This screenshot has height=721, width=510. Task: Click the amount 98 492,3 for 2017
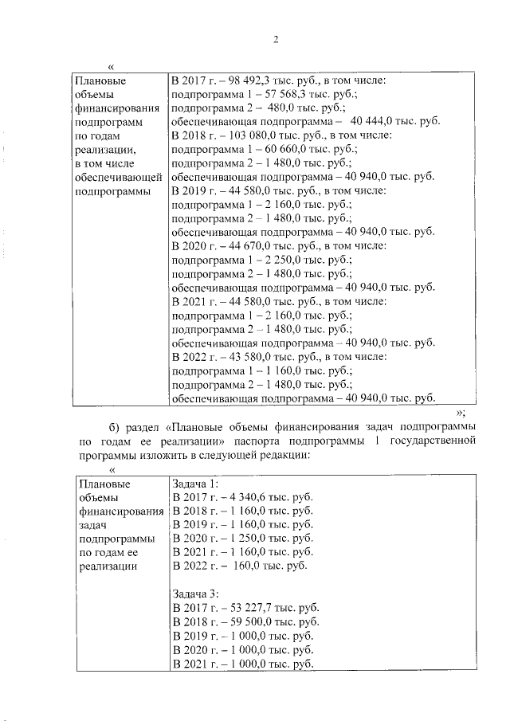click(240, 80)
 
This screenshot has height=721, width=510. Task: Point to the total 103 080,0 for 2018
click(243, 135)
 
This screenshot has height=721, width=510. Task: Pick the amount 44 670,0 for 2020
click(240, 245)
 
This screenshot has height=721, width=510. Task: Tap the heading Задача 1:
click(195, 483)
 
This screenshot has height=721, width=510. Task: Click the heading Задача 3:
click(195, 593)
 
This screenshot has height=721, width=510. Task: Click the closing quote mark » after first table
click(460, 412)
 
